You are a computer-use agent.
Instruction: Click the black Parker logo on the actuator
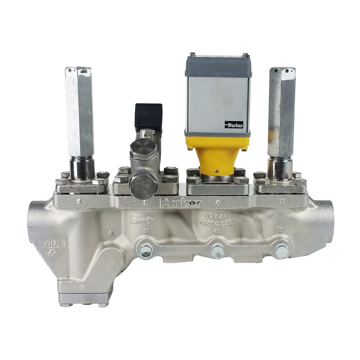point(234,125)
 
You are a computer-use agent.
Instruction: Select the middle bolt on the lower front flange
point(217,251)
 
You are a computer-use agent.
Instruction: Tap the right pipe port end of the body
point(326,220)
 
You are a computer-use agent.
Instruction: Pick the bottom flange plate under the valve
point(84,298)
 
